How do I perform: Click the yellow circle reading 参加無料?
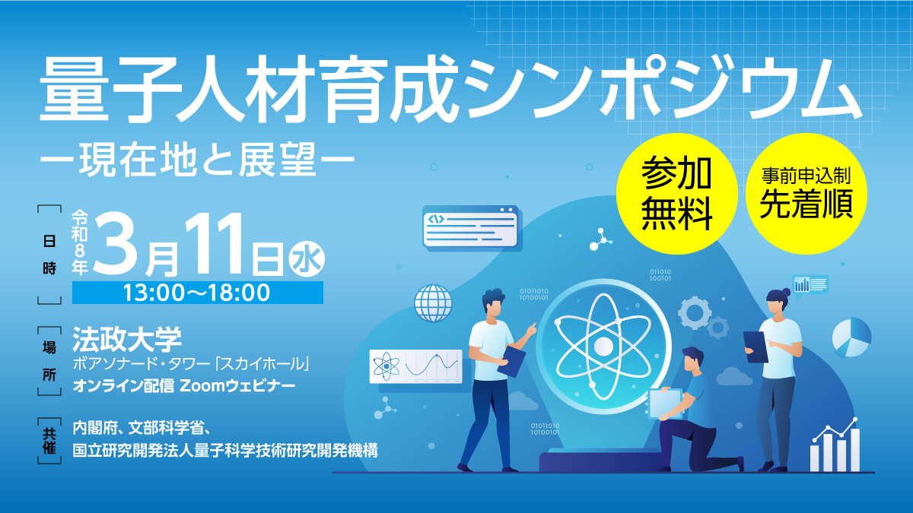click(x=677, y=194)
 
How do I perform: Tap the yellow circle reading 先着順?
click(x=806, y=194)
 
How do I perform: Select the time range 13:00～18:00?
click(x=197, y=293)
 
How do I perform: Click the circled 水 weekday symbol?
click(x=307, y=259)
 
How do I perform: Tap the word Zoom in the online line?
click(x=202, y=386)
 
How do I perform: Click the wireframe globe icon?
click(x=433, y=303)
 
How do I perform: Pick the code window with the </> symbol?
click(x=471, y=227)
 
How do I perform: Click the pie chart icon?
click(x=851, y=337)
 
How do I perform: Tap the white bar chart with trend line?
click(x=835, y=445)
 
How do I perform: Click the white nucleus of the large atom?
click(x=603, y=347)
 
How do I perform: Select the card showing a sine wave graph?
click(x=415, y=366)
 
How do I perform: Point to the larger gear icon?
click(x=695, y=313)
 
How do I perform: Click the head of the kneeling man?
click(x=692, y=358)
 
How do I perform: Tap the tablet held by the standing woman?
click(x=756, y=347)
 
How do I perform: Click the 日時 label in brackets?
click(x=49, y=255)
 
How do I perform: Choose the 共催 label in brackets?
click(x=49, y=441)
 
